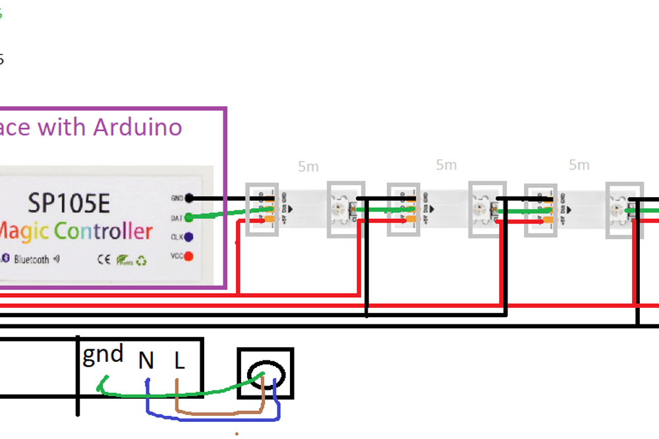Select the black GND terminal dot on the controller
[x=189, y=198]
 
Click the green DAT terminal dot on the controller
[x=189, y=217]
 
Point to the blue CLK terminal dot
[x=189, y=237]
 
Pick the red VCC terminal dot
[x=189, y=256]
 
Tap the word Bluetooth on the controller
[x=32, y=259]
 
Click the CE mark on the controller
[x=104, y=259]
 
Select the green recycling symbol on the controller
[x=140, y=260]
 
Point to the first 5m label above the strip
[x=308, y=167]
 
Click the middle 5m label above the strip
[x=446, y=165]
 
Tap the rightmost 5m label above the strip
[x=579, y=165]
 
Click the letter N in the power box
[x=146, y=361]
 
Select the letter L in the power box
[x=179, y=361]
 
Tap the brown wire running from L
[x=217, y=414]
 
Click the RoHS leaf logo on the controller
[x=123, y=260]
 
